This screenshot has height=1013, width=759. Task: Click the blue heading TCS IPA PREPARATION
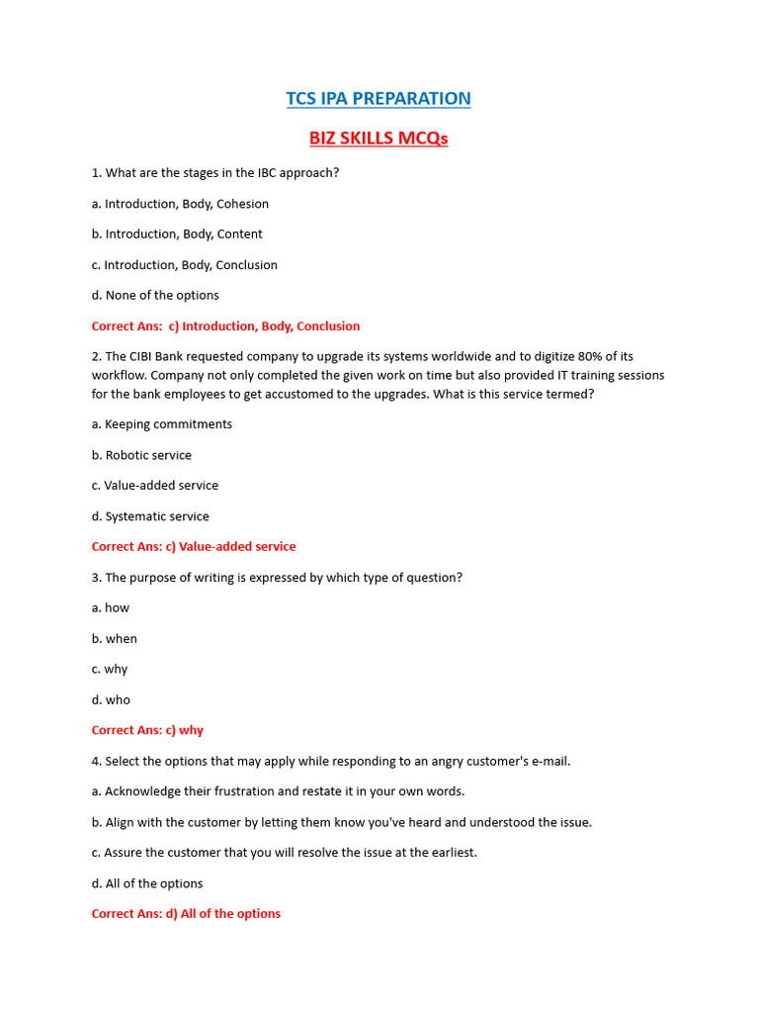tap(379, 99)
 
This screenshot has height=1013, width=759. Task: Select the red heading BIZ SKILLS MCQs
tap(379, 138)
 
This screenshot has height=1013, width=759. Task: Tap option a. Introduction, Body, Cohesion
tap(180, 204)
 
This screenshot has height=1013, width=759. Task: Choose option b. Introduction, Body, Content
tap(177, 234)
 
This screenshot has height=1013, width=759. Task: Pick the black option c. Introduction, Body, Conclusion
tap(185, 265)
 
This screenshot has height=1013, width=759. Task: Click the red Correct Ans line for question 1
tap(225, 326)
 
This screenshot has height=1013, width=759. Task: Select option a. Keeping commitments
tap(161, 424)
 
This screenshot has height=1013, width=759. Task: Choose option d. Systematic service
tap(150, 516)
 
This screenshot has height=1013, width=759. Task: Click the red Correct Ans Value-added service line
tap(194, 547)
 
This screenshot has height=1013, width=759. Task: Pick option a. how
tap(111, 608)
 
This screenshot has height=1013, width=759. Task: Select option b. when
tap(115, 639)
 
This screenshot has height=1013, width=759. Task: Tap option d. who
tap(111, 700)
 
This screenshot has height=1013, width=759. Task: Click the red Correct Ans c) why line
tap(147, 731)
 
